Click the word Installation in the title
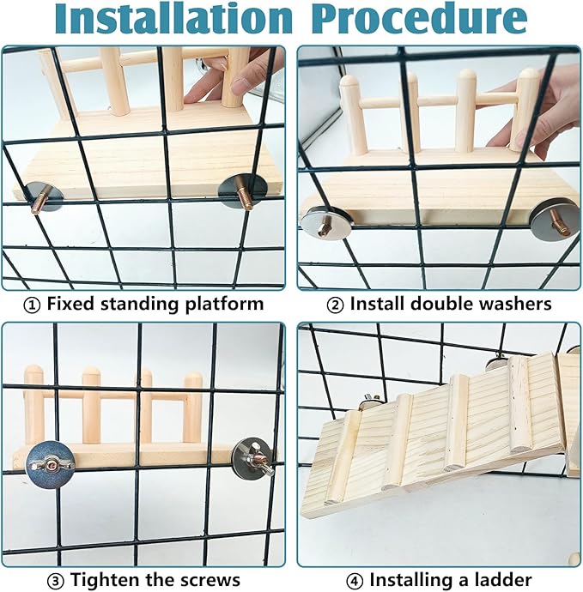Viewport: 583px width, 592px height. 174,19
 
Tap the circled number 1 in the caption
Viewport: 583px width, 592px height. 32,305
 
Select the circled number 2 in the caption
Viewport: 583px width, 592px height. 335,305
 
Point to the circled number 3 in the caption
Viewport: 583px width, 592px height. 55,580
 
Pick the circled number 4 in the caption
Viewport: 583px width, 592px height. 354,580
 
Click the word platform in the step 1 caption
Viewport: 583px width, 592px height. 224,305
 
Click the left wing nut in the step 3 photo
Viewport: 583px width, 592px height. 51,464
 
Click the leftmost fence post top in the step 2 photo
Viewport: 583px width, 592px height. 349,81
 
